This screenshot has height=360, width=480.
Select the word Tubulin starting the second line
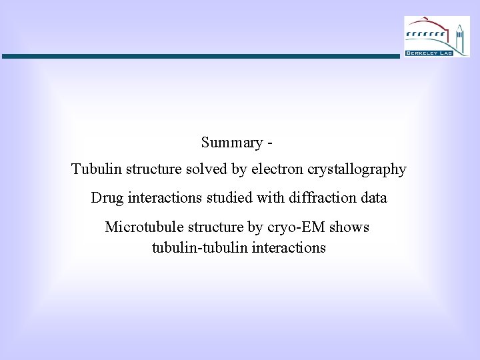coord(93,169)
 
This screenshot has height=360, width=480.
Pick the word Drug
coord(105,198)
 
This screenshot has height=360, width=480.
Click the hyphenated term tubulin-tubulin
coord(198,248)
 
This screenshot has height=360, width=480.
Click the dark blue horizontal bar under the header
coord(200,57)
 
